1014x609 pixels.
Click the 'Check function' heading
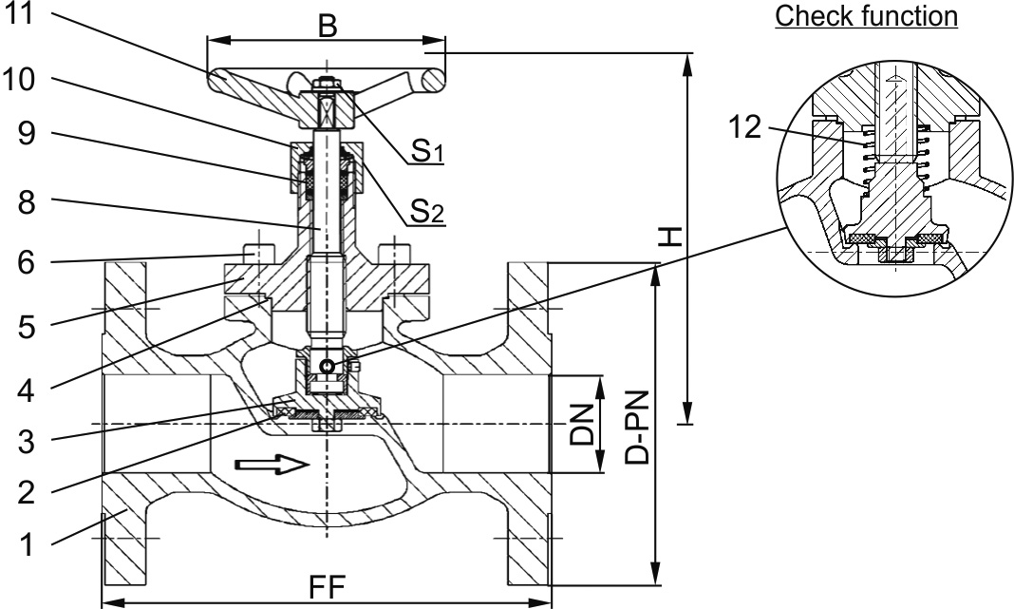(x=866, y=17)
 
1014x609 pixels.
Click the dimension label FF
(x=327, y=590)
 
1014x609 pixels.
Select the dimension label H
(x=670, y=237)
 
